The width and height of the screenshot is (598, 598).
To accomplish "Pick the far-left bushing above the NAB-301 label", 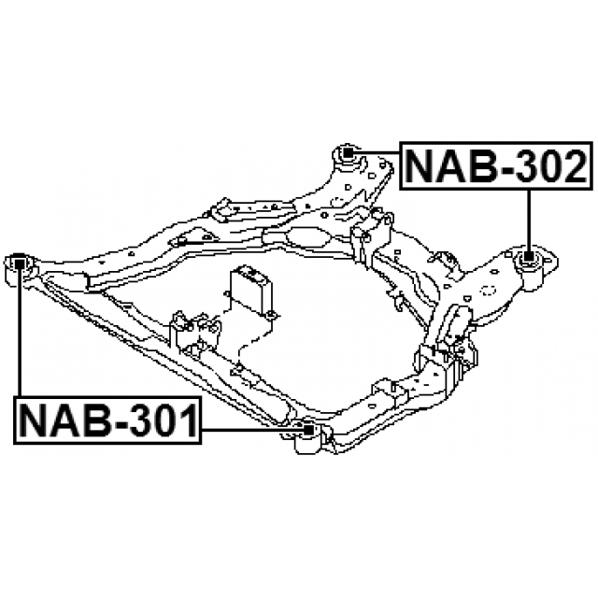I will tap(19, 265).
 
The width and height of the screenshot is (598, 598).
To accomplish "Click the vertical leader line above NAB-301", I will tap(19, 336).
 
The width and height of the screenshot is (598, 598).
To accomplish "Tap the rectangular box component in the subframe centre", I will tap(251, 291).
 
